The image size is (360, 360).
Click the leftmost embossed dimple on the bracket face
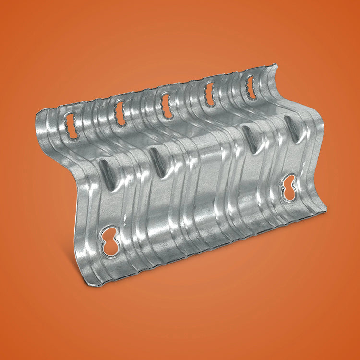(108, 174)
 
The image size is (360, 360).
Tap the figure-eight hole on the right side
(289, 187)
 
